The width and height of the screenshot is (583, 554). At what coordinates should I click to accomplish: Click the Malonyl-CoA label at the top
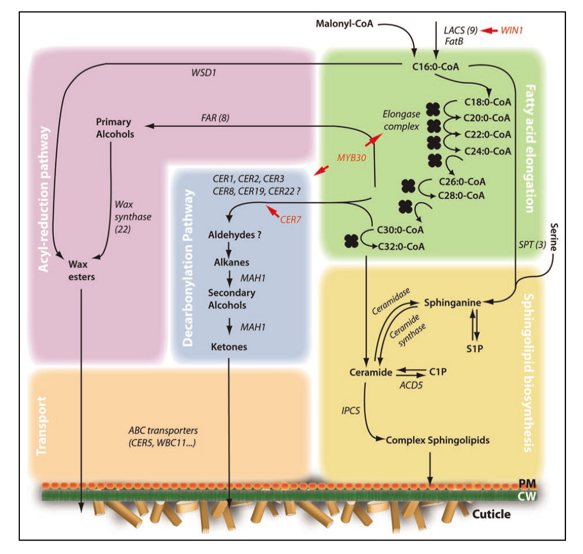point(344,24)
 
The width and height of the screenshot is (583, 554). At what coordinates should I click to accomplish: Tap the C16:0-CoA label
point(436,67)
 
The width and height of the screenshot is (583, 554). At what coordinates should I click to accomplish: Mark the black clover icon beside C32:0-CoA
point(351,241)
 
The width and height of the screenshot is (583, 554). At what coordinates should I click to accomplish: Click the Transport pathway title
point(41,425)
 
